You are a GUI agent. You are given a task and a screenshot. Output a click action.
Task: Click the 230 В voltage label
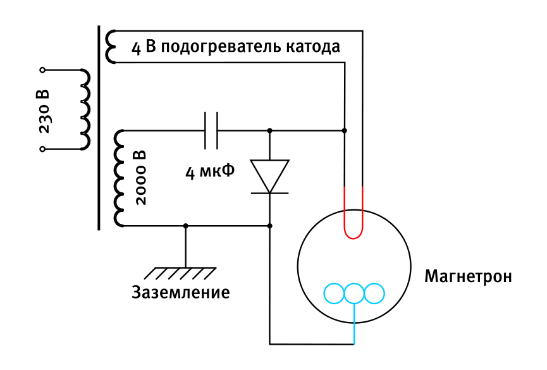44,111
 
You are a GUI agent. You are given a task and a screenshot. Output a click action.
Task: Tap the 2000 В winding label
140,178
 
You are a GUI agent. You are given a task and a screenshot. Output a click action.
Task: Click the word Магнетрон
468,277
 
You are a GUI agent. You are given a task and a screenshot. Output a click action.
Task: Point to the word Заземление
180,293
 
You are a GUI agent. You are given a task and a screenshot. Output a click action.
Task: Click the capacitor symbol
211,131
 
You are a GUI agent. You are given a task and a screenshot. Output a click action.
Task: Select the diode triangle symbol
270,176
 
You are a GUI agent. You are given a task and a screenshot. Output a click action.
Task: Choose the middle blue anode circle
354,293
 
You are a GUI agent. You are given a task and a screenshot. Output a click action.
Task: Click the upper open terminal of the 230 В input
42,70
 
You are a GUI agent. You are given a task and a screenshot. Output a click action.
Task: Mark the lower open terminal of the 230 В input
42,149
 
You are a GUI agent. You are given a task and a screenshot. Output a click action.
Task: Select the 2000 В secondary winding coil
120,178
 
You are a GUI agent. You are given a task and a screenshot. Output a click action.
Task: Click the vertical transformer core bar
99,126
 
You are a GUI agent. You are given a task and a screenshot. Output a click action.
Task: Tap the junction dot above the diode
270,131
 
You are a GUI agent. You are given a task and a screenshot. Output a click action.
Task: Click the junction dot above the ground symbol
185,226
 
